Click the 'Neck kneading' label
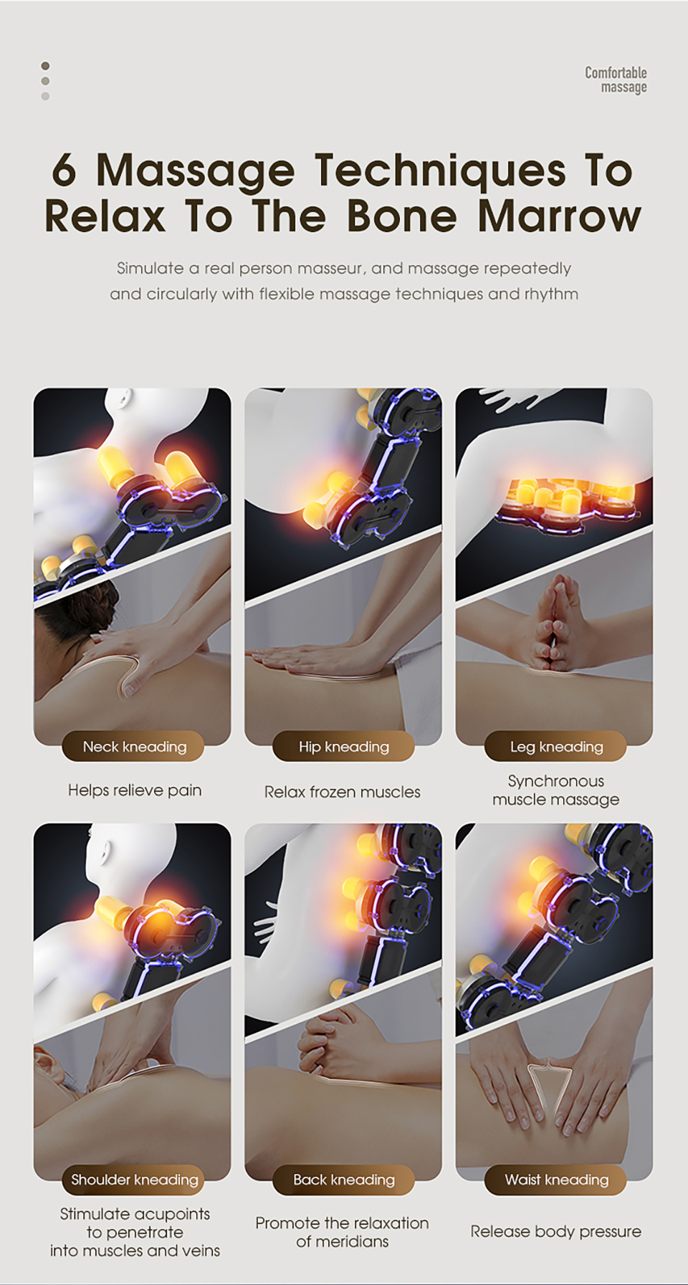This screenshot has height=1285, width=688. pyautogui.click(x=134, y=747)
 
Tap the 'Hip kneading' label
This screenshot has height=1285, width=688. pyautogui.click(x=344, y=747)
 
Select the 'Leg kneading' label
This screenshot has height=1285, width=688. pyautogui.click(x=556, y=747)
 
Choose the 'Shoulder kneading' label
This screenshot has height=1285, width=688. pyautogui.click(x=134, y=1180)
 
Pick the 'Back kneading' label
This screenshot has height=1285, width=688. pyautogui.click(x=344, y=1180)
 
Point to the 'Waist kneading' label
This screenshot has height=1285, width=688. pyautogui.click(x=556, y=1180)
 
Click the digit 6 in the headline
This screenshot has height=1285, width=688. pyautogui.click(x=64, y=171)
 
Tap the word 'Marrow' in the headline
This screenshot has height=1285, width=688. pyautogui.click(x=559, y=216)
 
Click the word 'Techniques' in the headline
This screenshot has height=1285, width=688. pyautogui.click(x=440, y=172)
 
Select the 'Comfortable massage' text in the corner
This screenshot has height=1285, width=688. pyautogui.click(x=616, y=80)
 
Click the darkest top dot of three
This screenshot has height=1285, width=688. pyautogui.click(x=45, y=66)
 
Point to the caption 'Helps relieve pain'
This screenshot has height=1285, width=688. pyautogui.click(x=135, y=790)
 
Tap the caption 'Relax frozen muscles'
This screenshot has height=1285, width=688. pyautogui.click(x=343, y=792)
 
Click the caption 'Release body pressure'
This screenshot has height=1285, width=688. pyautogui.click(x=556, y=1232)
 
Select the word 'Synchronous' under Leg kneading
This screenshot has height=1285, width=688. pyautogui.click(x=556, y=781)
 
